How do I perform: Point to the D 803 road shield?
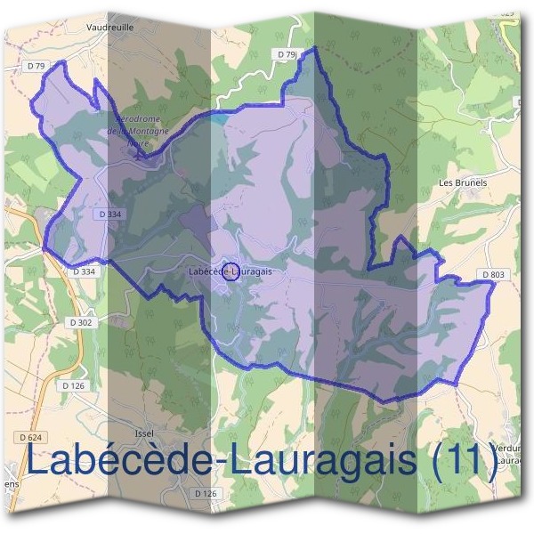click(494, 275)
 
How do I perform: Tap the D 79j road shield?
click(287, 55)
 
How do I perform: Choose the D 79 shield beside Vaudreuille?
click(36, 66)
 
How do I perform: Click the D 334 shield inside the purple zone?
click(110, 214)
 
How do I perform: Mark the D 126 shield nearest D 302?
click(75, 385)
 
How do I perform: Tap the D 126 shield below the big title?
click(206, 493)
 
